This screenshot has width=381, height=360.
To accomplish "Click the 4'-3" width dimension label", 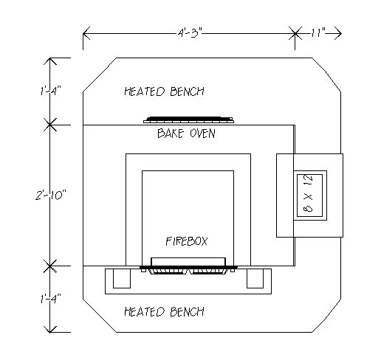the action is [190, 32].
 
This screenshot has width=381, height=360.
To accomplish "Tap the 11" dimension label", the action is [318, 32].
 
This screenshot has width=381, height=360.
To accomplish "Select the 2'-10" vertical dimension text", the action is [51, 195].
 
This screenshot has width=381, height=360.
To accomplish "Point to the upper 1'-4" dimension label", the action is [51, 91].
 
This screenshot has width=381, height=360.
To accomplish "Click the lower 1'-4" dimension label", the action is [51, 299].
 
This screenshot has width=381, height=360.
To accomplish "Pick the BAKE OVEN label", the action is [186, 134].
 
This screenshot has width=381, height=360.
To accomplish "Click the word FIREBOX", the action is [187, 241].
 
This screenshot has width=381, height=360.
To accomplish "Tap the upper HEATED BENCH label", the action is [164, 91].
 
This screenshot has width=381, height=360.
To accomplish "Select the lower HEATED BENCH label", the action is [164, 311].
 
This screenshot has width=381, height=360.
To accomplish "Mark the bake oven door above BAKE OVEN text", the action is [188, 120].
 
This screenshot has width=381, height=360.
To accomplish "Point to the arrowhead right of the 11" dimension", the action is [338, 33].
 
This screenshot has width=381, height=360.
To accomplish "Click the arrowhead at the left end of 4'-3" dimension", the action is [86, 33].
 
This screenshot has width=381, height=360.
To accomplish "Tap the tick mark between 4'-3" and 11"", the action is [295, 33].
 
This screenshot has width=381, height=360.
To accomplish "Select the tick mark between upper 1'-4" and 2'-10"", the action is [50, 125].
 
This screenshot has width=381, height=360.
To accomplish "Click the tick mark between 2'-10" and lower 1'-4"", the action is [50, 266].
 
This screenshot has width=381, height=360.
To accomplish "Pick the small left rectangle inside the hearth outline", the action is [122, 278].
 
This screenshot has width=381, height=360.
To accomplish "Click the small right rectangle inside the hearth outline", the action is [255, 278].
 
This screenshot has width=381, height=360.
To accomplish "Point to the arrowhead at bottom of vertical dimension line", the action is [50, 330].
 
